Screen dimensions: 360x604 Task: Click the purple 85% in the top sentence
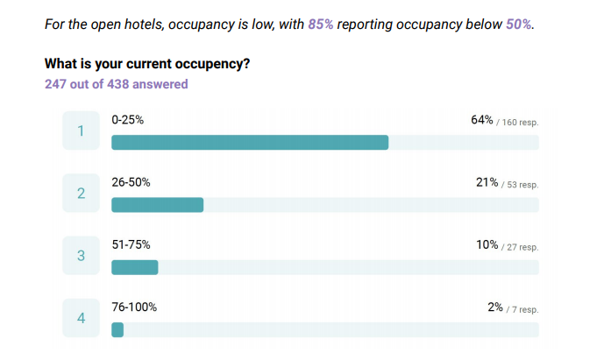click(x=320, y=25)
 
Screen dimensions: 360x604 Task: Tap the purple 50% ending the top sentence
click(x=518, y=25)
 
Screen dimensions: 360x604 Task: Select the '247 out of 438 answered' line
click(x=116, y=84)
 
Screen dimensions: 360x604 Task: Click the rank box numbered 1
click(x=81, y=131)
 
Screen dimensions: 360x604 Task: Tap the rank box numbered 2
click(x=81, y=194)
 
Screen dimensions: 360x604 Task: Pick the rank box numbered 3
click(x=81, y=256)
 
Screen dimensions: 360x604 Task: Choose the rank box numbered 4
click(x=81, y=319)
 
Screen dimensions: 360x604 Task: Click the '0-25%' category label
click(x=128, y=119)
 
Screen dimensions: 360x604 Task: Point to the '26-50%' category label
click(x=131, y=182)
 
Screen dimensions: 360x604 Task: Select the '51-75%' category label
click(x=131, y=245)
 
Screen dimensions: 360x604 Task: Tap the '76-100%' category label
click(x=134, y=307)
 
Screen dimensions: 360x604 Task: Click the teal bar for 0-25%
click(x=250, y=143)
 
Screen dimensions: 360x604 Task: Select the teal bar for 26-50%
click(x=158, y=205)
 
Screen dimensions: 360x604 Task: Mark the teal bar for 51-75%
click(x=135, y=268)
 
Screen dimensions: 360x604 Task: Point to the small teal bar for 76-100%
click(x=117, y=330)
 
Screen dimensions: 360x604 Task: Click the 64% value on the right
click(x=482, y=119)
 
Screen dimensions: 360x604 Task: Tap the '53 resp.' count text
click(x=522, y=185)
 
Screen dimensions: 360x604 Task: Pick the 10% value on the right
click(x=487, y=245)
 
